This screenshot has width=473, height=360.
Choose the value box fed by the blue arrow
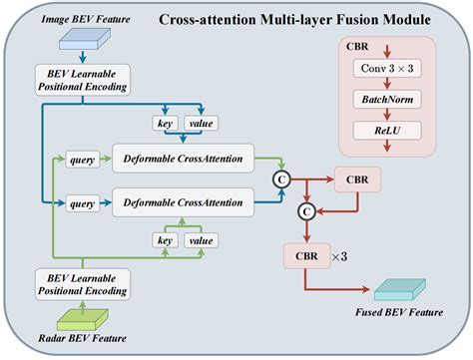[x=202, y=124]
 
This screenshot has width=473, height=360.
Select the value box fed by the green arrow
[x=202, y=239]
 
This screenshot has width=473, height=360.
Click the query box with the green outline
[x=81, y=159]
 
